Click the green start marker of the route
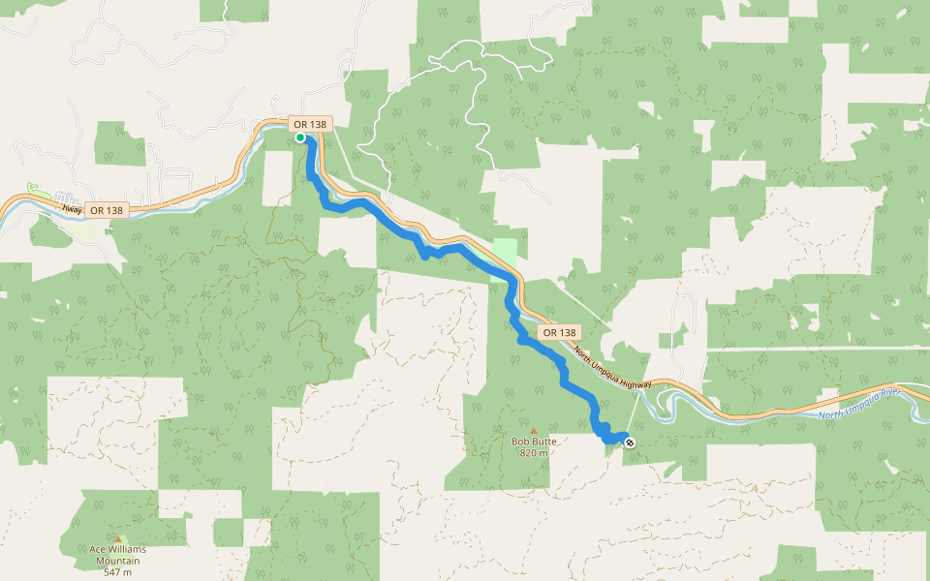[300, 138]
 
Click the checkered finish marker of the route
[630, 443]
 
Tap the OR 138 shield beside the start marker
[311, 124]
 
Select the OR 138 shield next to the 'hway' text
[107, 210]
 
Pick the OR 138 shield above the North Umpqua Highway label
[559, 332]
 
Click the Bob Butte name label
[533, 442]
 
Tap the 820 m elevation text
[533, 452]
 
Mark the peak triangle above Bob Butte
[533, 430]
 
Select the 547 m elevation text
[117, 571]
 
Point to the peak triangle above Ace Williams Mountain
[118, 539]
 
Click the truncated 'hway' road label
[70, 207]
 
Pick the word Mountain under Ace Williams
[117, 561]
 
